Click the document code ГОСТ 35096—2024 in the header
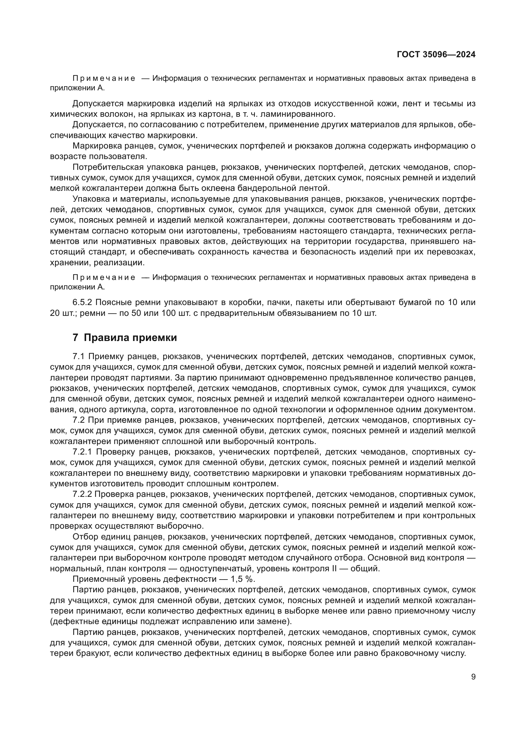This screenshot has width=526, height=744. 436,55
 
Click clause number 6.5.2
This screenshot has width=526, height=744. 83,302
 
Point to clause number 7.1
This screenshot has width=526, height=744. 79,357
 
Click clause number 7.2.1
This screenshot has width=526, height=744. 83,452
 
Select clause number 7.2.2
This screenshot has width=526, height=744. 83,494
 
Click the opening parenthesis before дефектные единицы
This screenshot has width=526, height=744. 51,622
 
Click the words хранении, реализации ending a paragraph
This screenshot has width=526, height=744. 97,262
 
